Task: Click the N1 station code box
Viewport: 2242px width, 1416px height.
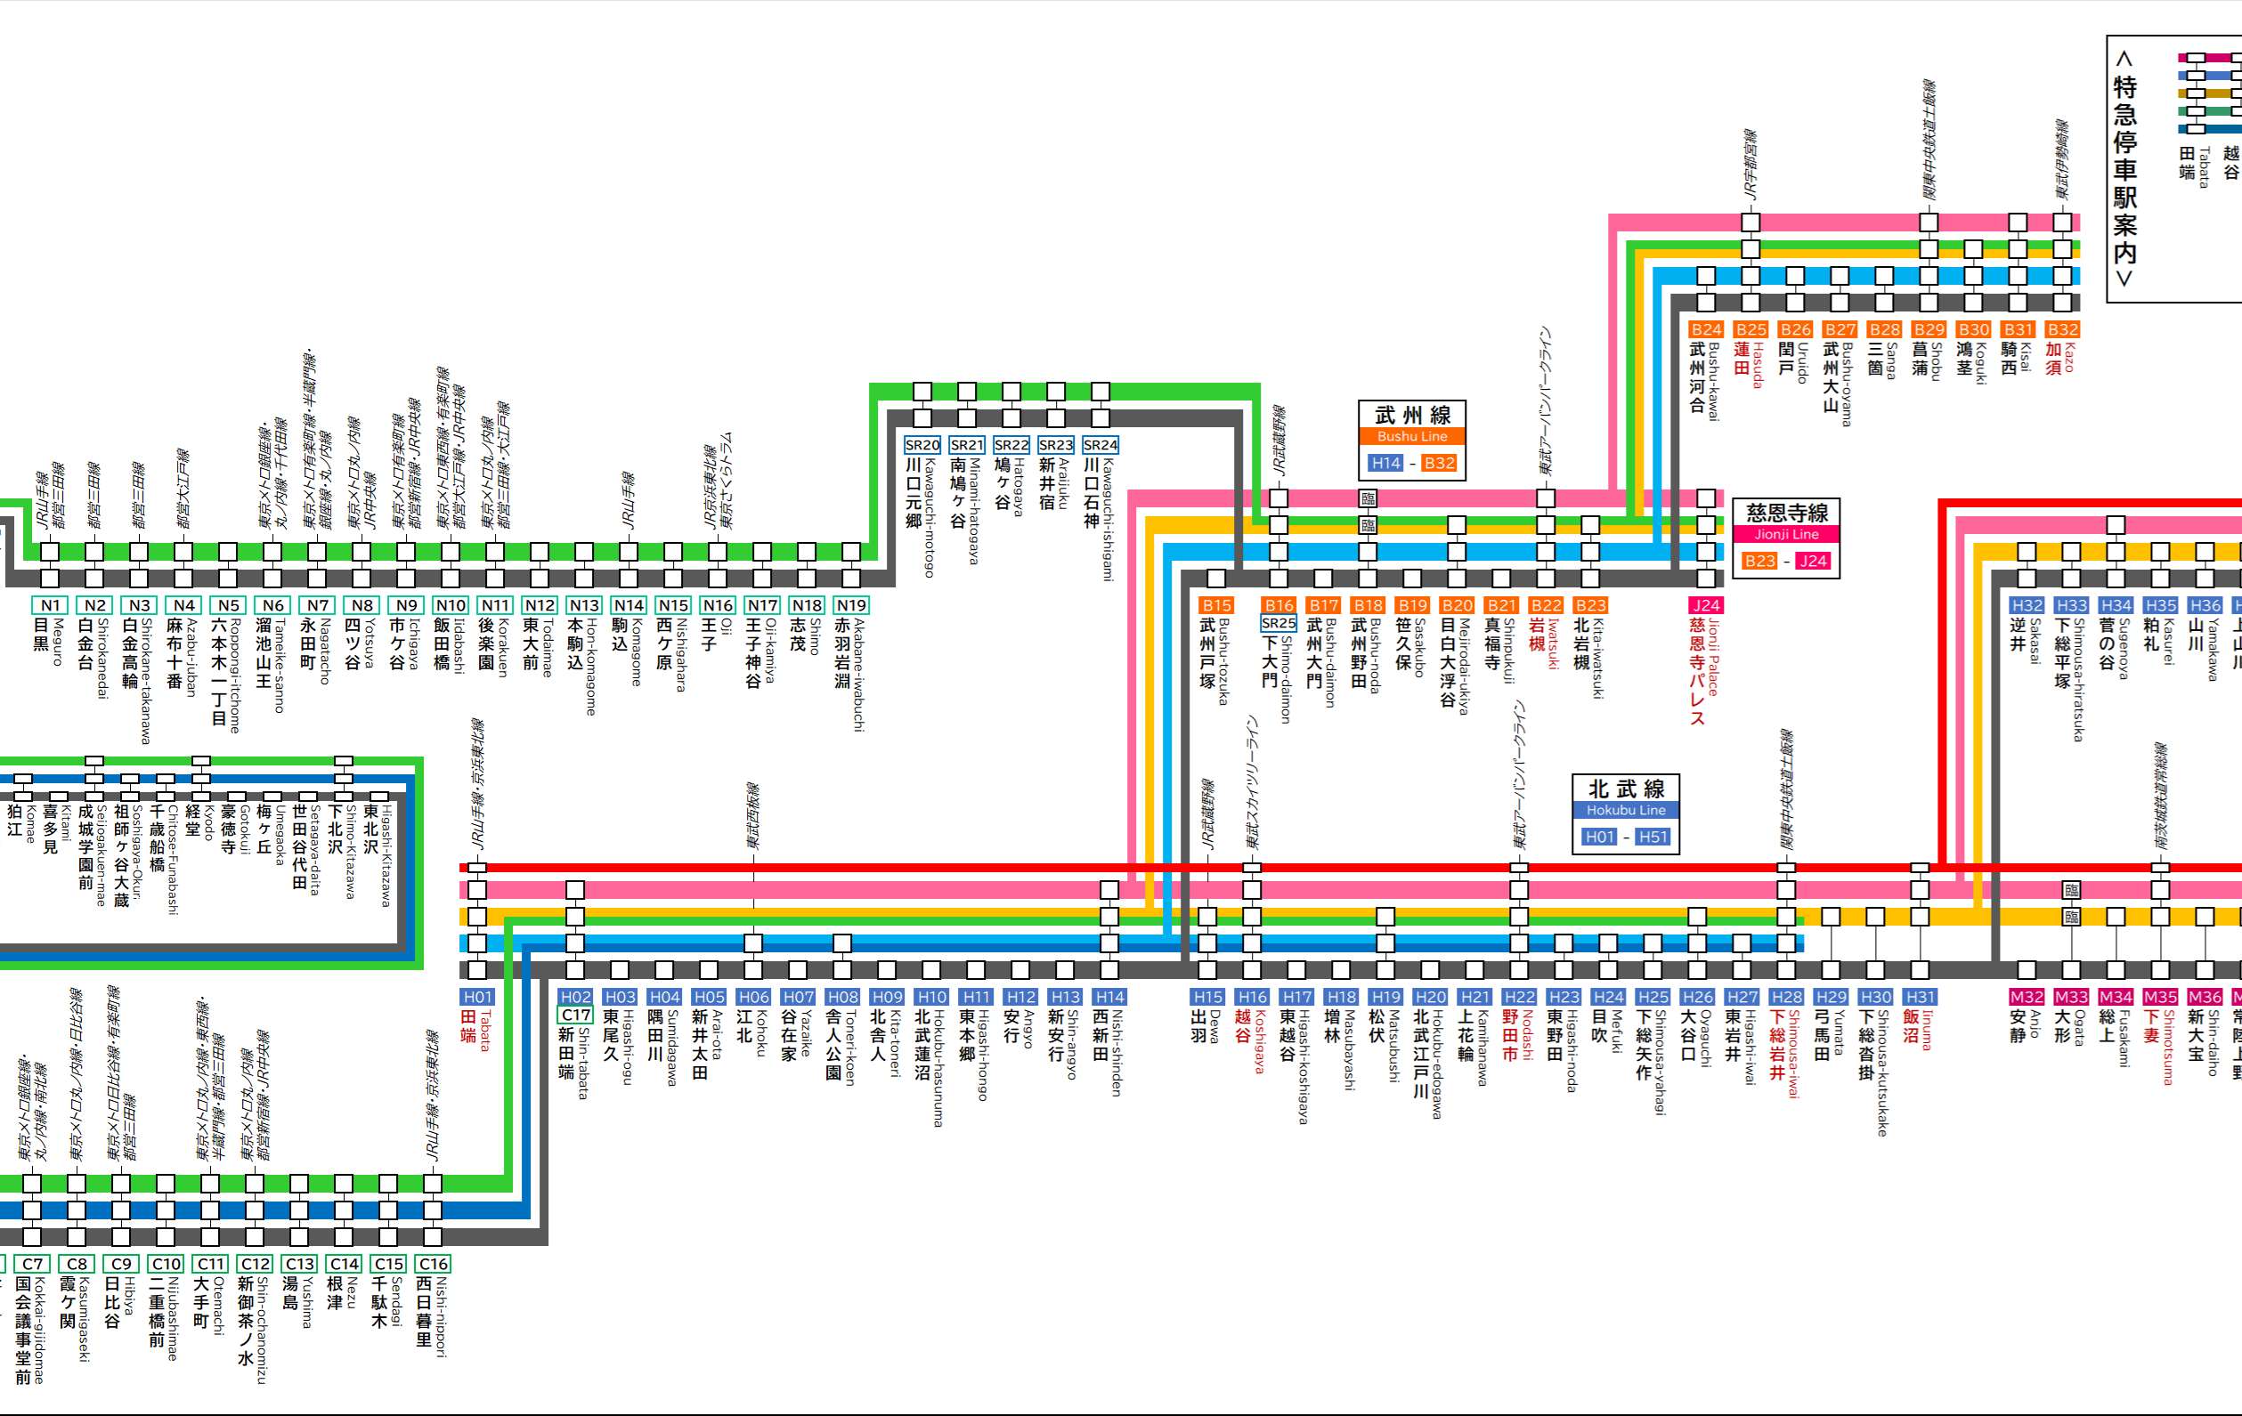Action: [50, 605]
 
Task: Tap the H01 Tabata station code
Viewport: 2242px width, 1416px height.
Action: [477, 997]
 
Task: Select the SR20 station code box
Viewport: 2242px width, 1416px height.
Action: [922, 445]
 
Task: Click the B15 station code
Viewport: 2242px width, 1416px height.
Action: [1216, 605]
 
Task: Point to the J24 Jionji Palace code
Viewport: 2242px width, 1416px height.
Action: [1706, 605]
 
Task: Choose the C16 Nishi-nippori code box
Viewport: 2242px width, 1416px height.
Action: [433, 1264]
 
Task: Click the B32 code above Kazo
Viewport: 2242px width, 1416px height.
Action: [2062, 329]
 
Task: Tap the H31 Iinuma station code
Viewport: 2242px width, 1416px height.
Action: [1920, 997]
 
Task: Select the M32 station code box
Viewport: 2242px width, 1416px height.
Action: [2026, 997]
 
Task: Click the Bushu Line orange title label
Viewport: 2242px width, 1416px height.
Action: [1411, 437]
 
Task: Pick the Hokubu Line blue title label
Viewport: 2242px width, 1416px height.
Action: [1626, 811]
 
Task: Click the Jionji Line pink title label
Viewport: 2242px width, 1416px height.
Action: [1786, 534]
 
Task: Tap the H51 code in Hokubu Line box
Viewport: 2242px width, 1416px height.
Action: [1653, 837]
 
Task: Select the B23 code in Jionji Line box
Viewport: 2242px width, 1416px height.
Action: [1759, 561]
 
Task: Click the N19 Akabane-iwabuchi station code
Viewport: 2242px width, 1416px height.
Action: [851, 605]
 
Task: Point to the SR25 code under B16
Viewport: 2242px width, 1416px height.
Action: [1279, 623]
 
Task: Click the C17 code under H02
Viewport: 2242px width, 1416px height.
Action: [575, 1015]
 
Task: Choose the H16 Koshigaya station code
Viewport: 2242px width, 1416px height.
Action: [1252, 997]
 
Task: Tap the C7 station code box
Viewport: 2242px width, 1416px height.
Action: [33, 1264]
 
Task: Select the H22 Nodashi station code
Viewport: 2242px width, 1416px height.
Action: [1519, 997]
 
